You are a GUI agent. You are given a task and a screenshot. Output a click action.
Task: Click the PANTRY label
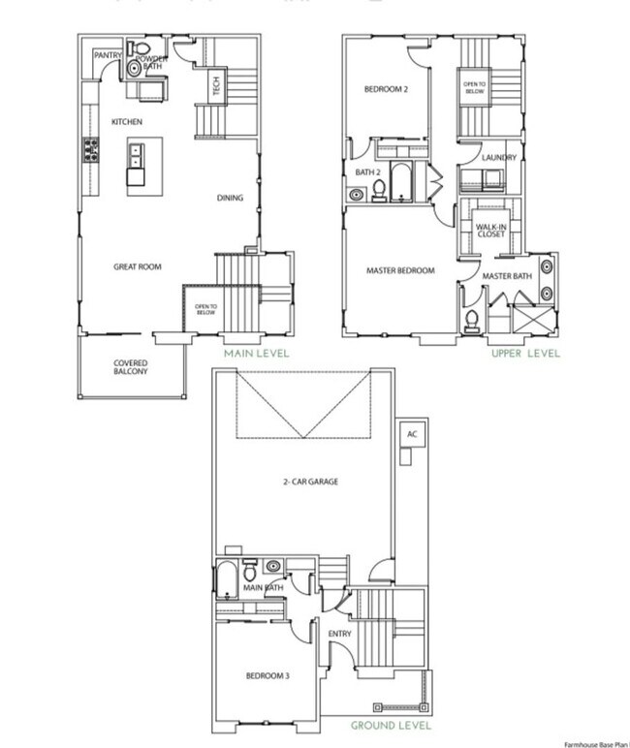click(x=107, y=56)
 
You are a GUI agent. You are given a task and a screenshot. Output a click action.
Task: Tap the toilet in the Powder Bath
click(x=142, y=48)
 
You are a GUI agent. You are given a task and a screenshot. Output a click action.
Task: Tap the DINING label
click(x=230, y=199)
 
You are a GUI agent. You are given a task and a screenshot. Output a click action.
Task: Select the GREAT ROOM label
click(x=137, y=266)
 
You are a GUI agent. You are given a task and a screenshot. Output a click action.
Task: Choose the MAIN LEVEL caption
click(x=257, y=354)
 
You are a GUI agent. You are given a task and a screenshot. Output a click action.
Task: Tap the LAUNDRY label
click(x=499, y=157)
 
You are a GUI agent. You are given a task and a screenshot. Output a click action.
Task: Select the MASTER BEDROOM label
click(x=400, y=270)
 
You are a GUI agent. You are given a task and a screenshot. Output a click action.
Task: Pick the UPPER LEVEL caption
click(x=525, y=354)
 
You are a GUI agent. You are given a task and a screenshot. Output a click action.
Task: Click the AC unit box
click(x=411, y=434)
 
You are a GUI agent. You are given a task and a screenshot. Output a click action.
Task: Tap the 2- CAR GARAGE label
click(x=302, y=481)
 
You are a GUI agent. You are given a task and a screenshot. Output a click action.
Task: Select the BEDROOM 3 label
click(x=266, y=675)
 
